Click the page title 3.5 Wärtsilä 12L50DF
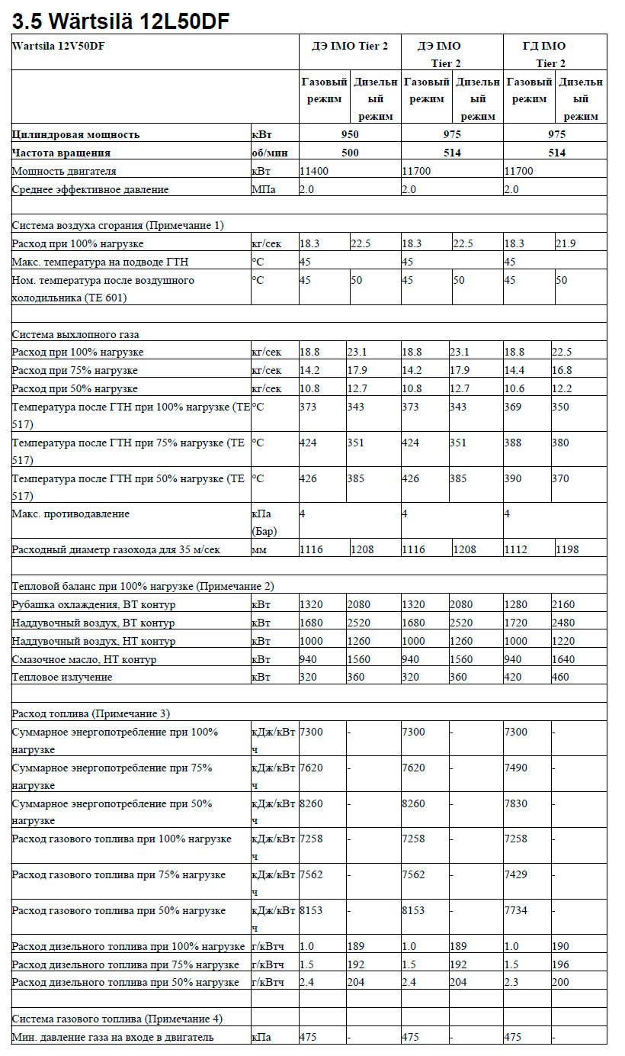click(x=121, y=21)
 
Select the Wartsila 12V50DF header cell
click(x=59, y=46)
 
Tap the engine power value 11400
click(x=314, y=171)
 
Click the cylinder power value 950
click(x=349, y=134)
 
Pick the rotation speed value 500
click(x=349, y=153)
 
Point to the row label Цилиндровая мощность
click(x=76, y=134)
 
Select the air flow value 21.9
click(x=566, y=243)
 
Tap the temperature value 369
click(x=514, y=407)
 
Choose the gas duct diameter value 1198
click(x=569, y=549)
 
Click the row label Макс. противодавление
click(x=71, y=514)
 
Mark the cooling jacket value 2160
click(x=564, y=604)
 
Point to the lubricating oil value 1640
click(x=564, y=659)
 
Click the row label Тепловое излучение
click(x=62, y=678)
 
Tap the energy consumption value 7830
click(x=516, y=803)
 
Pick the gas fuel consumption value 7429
click(x=516, y=874)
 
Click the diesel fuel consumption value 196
click(x=560, y=964)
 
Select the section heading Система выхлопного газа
click(x=75, y=334)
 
